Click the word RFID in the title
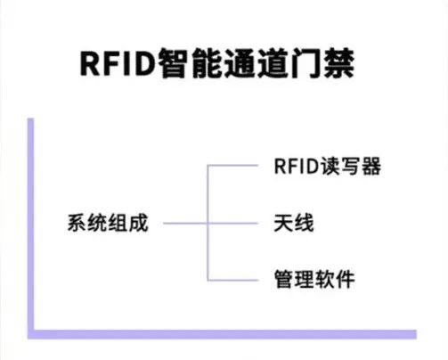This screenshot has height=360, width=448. click(118, 64)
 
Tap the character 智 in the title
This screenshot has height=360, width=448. click(174, 63)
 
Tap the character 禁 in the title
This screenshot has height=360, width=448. click(338, 63)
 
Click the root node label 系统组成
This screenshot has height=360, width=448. click(108, 223)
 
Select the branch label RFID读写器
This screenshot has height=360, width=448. click(328, 166)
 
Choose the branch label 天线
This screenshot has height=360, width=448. click(294, 223)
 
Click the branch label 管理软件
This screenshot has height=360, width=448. click(314, 279)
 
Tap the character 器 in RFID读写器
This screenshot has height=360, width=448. click(371, 166)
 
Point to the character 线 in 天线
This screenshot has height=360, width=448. click(304, 223)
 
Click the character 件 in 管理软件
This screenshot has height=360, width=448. click(346, 279)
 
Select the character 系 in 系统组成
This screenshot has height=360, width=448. click(77, 223)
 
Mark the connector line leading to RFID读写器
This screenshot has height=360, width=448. click(232, 166)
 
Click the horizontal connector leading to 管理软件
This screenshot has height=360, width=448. click(232, 280)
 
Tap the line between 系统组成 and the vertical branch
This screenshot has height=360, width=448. click(185, 223)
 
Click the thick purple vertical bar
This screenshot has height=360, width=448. click(30, 228)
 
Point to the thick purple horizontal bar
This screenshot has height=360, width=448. click(222, 334)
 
